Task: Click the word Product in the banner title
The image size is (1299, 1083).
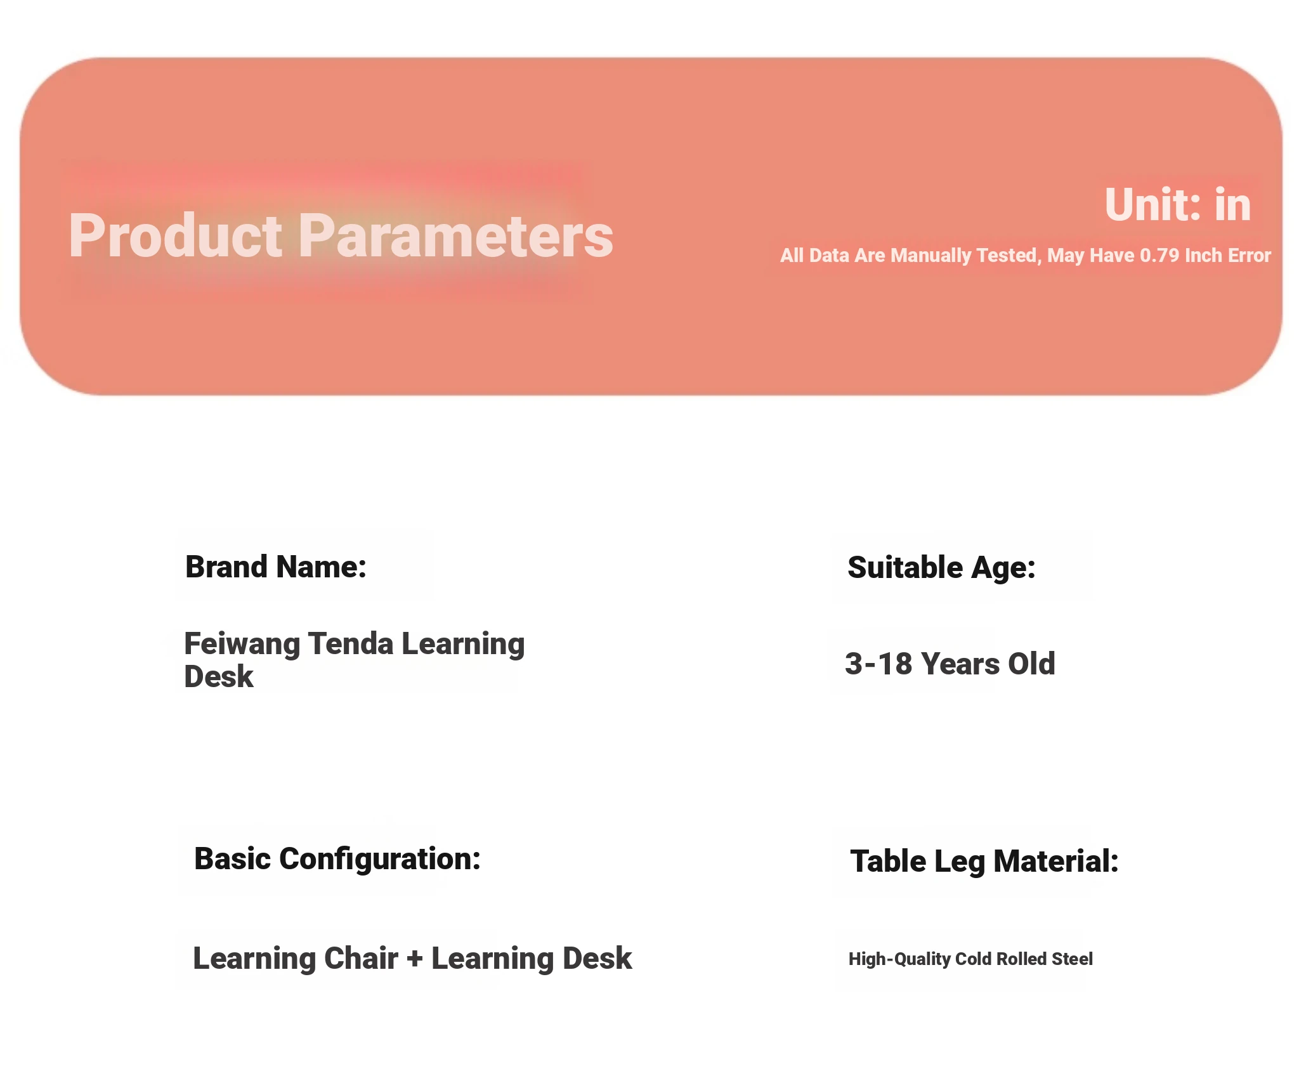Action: [176, 236]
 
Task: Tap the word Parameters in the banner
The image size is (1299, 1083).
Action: [455, 236]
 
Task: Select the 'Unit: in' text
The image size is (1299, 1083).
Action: [1178, 204]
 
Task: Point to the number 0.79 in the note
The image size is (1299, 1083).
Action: [1159, 255]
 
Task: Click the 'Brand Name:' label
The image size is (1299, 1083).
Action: [276, 567]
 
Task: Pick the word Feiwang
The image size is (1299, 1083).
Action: [242, 645]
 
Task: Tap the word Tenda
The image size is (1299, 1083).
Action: [351, 643]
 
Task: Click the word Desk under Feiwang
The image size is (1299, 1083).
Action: [219, 676]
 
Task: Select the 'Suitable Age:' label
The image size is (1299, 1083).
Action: [941, 568]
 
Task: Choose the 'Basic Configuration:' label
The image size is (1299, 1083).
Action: [337, 860]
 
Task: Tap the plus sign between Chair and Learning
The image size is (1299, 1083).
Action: [415, 959]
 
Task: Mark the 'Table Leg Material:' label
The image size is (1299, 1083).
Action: [984, 862]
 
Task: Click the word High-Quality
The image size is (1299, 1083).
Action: [900, 959]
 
